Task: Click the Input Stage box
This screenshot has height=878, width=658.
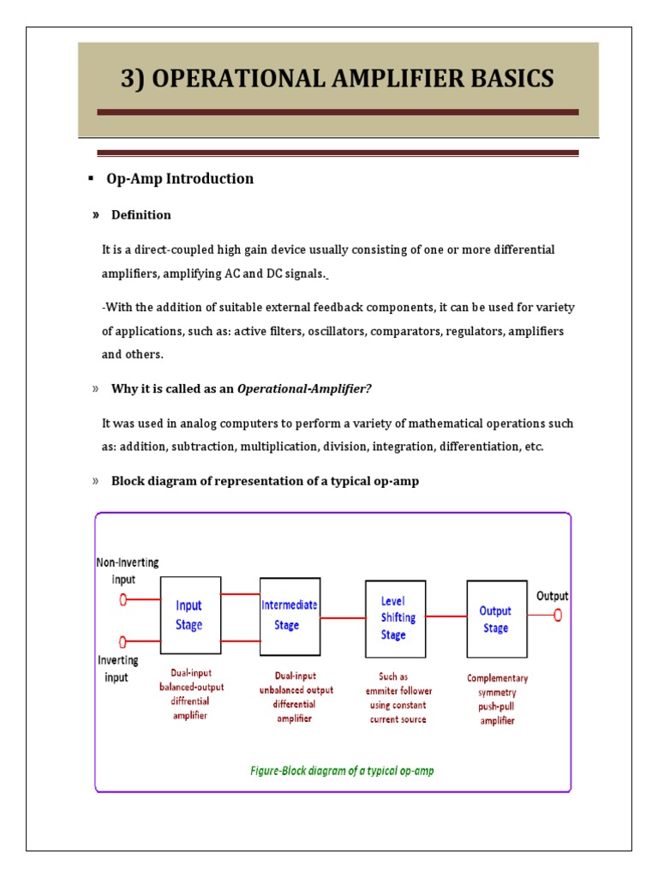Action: click(x=189, y=614)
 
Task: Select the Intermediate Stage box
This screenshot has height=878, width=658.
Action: click(x=290, y=615)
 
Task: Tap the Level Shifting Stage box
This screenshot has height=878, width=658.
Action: click(x=395, y=617)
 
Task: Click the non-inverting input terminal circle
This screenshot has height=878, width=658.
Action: click(x=123, y=600)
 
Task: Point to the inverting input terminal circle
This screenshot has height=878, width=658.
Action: click(x=123, y=640)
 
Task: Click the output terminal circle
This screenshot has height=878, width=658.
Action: click(x=558, y=615)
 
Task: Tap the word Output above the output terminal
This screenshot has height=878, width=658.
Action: click(x=552, y=596)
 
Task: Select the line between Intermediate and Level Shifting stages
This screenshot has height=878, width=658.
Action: click(x=343, y=617)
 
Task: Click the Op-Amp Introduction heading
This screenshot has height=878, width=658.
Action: click(x=180, y=178)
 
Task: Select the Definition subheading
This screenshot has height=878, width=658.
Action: click(x=141, y=214)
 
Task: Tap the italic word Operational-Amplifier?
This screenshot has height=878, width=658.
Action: click(x=304, y=388)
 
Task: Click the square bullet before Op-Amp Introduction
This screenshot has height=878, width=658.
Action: click(x=90, y=177)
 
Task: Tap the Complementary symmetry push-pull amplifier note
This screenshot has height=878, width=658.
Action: click(x=497, y=699)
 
